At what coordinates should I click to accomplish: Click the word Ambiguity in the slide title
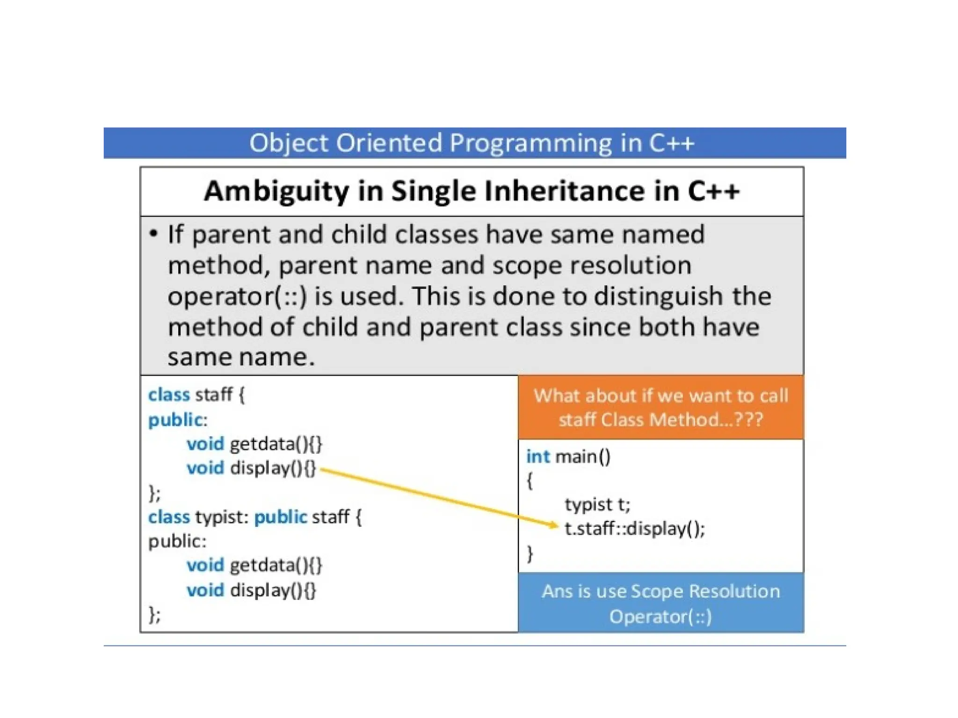click(276, 192)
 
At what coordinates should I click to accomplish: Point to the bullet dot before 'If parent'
click(153, 233)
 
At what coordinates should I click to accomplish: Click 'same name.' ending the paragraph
click(241, 358)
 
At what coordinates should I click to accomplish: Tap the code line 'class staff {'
click(196, 395)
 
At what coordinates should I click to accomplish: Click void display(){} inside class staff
click(251, 468)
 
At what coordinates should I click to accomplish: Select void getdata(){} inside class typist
click(254, 566)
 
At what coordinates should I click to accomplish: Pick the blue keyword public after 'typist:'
click(280, 517)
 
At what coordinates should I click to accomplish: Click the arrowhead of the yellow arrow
click(554, 525)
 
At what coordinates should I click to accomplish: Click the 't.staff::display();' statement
click(634, 529)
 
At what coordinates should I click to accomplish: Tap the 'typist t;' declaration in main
click(597, 504)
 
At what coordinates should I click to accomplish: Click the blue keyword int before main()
click(537, 456)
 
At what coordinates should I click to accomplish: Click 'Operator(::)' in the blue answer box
click(660, 617)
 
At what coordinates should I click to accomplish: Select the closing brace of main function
click(530, 553)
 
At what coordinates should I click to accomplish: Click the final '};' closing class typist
click(154, 615)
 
